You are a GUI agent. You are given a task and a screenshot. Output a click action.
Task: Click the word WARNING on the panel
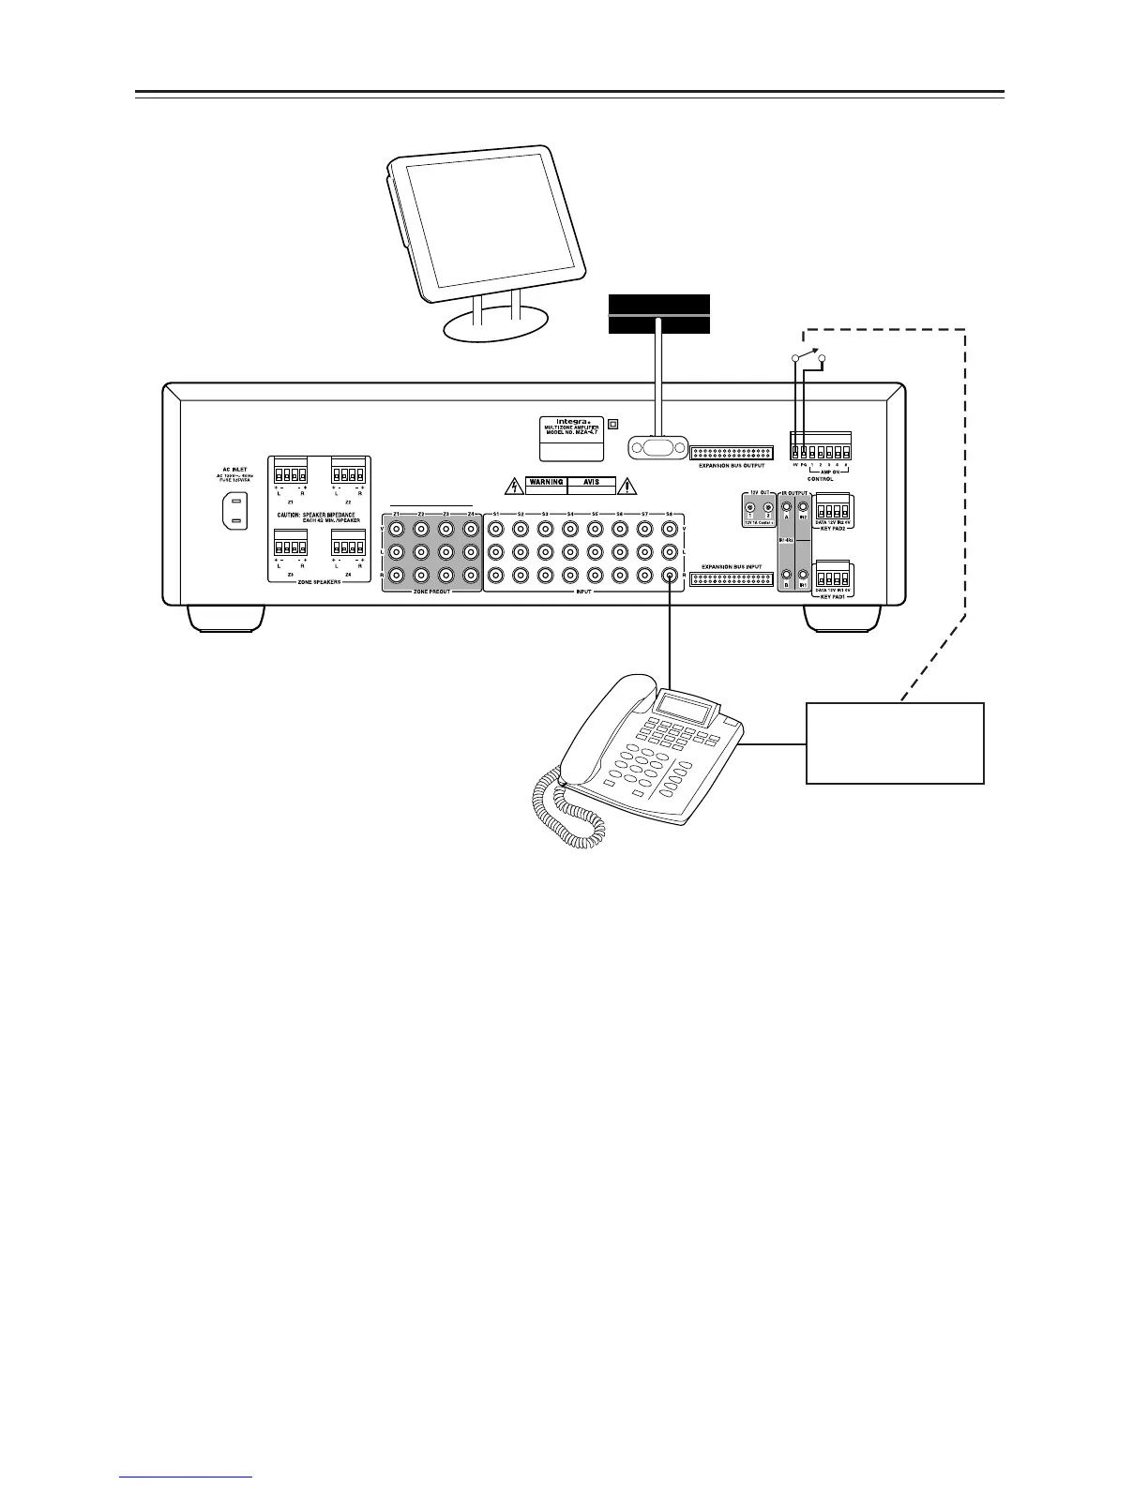point(546,483)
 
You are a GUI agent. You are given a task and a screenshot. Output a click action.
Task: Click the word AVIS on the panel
point(592,483)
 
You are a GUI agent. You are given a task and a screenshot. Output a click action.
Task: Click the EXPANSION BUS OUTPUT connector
point(733,453)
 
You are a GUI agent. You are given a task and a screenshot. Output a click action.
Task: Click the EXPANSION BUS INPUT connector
point(733,580)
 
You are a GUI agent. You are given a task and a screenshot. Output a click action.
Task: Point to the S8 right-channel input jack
point(669,577)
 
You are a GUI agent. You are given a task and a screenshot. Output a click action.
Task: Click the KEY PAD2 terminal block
point(833,512)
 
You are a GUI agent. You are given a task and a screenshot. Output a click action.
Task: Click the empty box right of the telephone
point(895,742)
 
